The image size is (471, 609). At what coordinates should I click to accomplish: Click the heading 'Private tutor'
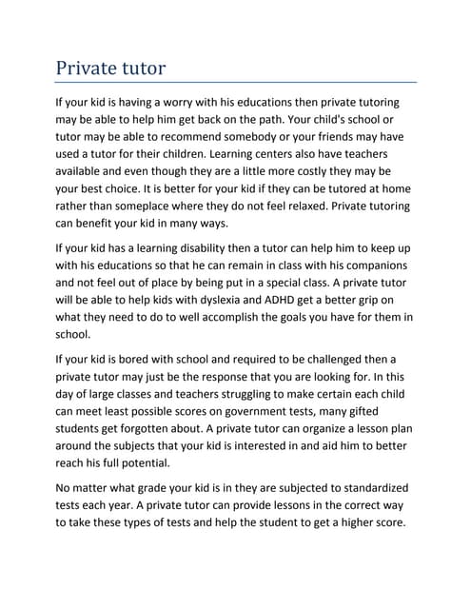coord(110,69)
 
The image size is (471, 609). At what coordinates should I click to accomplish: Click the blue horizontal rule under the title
coord(235,83)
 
